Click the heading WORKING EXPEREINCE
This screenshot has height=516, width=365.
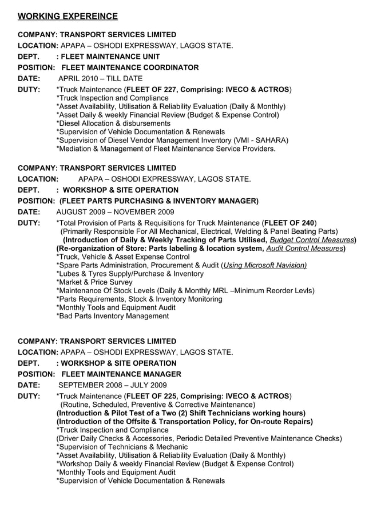[68, 17]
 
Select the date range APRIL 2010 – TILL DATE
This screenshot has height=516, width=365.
[101, 78]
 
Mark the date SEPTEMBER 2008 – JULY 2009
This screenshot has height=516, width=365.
[113, 385]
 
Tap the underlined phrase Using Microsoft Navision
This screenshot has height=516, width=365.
[264, 265]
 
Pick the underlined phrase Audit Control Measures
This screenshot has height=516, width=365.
[304, 249]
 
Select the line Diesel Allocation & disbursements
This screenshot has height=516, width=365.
[113, 123]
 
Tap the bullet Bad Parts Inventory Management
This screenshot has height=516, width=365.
[113, 316]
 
